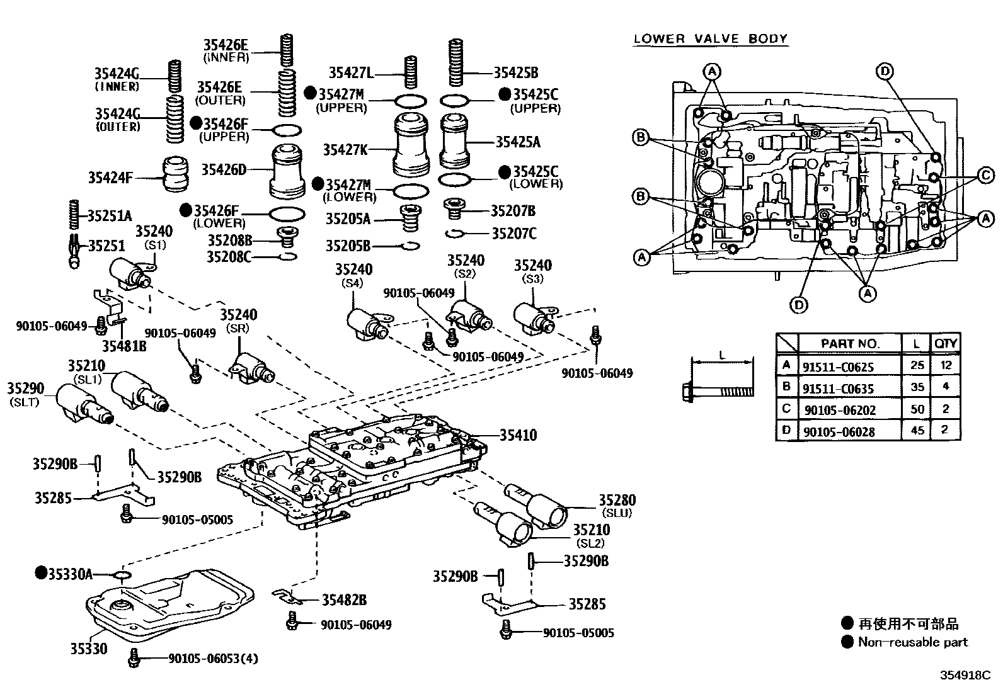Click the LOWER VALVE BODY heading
710,38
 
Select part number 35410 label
518,435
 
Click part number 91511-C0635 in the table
838,389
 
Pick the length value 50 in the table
917,409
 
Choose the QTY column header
945,343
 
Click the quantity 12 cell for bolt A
945,366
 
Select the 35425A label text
517,142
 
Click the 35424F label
110,178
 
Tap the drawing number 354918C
965,675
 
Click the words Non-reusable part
912,642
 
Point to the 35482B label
344,600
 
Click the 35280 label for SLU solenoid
616,501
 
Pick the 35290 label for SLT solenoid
25,387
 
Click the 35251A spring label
109,216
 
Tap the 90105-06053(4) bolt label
213,659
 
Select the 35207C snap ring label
513,234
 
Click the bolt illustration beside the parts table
717,391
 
